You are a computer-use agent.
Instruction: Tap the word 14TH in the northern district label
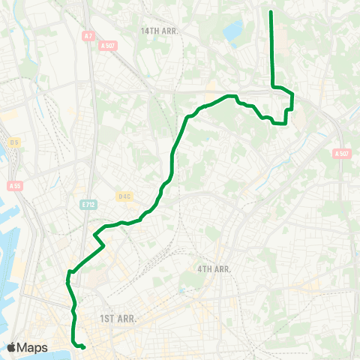coord(149,31)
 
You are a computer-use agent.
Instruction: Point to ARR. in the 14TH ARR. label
coord(172,31)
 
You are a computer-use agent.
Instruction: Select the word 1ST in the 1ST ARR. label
coord(107,319)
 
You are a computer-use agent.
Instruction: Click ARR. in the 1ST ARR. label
coord(127,319)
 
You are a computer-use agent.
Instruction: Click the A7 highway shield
coord(88,35)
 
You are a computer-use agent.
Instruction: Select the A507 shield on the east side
coord(342,154)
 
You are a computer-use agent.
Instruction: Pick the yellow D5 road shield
coord(13,142)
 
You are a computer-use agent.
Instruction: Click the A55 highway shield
coord(14,186)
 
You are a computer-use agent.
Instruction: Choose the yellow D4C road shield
coord(124,197)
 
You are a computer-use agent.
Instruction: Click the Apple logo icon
coord(11,347)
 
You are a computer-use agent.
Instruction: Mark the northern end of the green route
coord(271,12)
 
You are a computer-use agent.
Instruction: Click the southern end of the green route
coord(83,347)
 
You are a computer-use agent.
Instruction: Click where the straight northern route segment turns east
coord(271,87)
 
